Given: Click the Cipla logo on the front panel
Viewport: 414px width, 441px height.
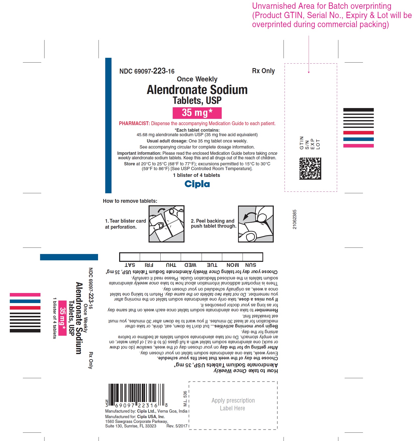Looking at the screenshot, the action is click(x=197, y=184).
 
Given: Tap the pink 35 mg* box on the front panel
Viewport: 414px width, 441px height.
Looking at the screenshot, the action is click(x=197, y=113).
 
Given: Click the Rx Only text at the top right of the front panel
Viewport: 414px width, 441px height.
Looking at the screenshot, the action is click(x=263, y=71).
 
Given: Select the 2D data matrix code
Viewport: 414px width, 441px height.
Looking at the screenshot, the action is click(x=310, y=169).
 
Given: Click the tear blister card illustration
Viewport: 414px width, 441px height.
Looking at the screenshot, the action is click(x=166, y=224).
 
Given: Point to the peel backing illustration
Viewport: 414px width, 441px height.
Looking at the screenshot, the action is click(x=256, y=224).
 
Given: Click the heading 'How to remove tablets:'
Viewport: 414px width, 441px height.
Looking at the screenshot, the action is click(x=130, y=201).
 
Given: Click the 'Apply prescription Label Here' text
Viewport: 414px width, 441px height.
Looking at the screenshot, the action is click(x=233, y=404).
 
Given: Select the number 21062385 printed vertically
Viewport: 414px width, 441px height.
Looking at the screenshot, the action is click(x=295, y=219).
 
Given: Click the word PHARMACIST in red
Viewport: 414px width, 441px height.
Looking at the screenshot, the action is click(x=134, y=123).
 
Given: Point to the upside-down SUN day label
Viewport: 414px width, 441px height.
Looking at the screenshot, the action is click(x=251, y=265).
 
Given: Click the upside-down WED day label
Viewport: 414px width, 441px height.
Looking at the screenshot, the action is click(x=190, y=265).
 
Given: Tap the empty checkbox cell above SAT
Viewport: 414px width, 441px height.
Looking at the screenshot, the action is click(x=130, y=257).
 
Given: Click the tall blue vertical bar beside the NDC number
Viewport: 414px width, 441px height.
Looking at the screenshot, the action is click(x=108, y=125).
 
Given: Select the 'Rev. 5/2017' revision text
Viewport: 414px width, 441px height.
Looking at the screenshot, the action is click(x=177, y=426).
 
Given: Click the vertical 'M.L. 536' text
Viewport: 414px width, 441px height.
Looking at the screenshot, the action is click(x=185, y=399).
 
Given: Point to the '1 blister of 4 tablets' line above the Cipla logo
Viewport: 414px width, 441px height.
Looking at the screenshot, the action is click(x=197, y=175).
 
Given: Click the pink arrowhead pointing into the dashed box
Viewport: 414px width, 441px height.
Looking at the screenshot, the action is click(x=309, y=72).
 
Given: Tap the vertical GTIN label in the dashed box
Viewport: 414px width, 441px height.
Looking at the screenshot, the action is click(x=302, y=143).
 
